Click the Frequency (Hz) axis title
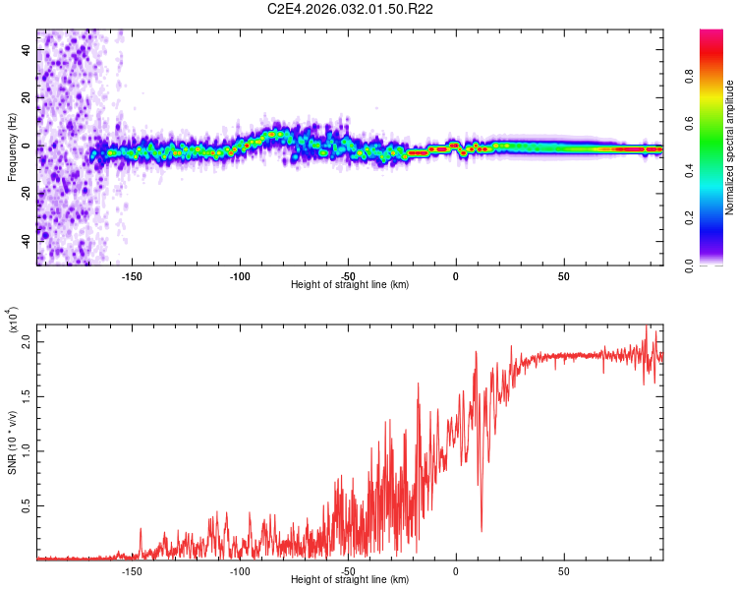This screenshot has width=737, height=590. (13, 147)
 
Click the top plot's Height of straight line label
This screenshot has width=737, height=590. (350, 284)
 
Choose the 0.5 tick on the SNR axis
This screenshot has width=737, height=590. (28, 505)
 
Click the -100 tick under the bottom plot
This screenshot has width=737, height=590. (240, 571)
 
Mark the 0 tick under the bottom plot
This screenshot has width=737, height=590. (455, 571)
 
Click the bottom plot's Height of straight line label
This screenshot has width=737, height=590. (350, 580)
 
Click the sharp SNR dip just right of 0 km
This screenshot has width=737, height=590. (482, 531)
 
